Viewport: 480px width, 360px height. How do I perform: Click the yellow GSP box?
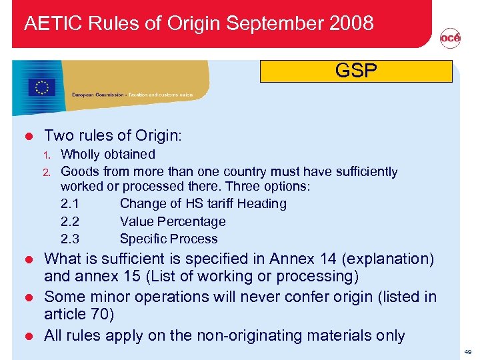(x=356, y=71)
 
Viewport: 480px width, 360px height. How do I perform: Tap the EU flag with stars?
(x=43, y=87)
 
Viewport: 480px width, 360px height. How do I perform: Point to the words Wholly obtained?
(x=108, y=155)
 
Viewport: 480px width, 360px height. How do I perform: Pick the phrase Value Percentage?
(x=173, y=221)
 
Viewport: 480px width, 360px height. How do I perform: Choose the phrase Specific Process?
(x=169, y=239)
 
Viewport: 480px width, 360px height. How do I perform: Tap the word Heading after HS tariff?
(x=261, y=204)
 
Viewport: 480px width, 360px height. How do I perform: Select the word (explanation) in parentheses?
(x=386, y=259)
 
